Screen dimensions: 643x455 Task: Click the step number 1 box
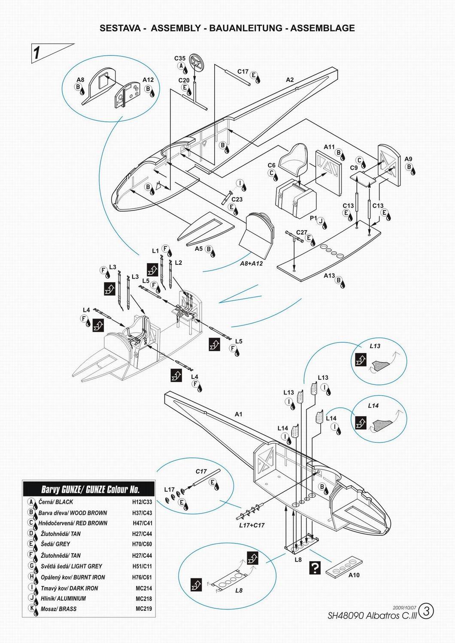tap(38, 53)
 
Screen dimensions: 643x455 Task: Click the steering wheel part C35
tap(198, 62)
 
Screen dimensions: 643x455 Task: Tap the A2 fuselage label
tap(290, 80)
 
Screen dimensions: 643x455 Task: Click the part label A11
tap(329, 147)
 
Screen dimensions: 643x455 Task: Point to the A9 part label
tap(409, 159)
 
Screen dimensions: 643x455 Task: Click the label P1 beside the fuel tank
tap(313, 218)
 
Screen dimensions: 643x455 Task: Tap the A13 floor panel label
tap(329, 276)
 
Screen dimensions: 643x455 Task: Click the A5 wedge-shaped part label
tap(199, 249)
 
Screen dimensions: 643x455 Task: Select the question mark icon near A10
tap(315, 568)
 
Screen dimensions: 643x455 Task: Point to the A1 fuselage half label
tap(239, 414)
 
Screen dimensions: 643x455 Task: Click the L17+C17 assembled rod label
tap(251, 525)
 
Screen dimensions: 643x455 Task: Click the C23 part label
tap(237, 199)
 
